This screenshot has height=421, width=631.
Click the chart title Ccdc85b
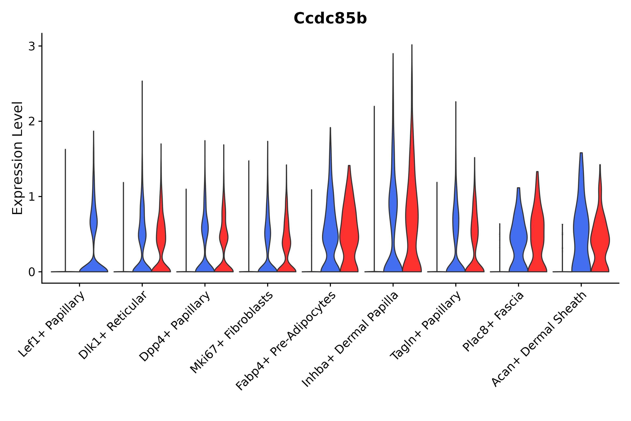(x=330, y=19)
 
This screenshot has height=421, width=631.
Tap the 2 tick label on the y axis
(x=32, y=122)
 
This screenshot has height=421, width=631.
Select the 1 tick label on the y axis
(x=32, y=197)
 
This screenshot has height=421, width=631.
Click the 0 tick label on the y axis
(x=32, y=272)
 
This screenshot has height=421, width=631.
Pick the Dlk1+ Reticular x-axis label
(x=113, y=325)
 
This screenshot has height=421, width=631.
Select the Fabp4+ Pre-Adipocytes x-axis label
(x=286, y=341)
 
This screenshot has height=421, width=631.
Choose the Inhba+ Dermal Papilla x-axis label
(x=350, y=340)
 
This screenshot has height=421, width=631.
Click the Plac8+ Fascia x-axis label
(x=493, y=322)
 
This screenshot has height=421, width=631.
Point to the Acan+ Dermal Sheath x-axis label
(x=539, y=340)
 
